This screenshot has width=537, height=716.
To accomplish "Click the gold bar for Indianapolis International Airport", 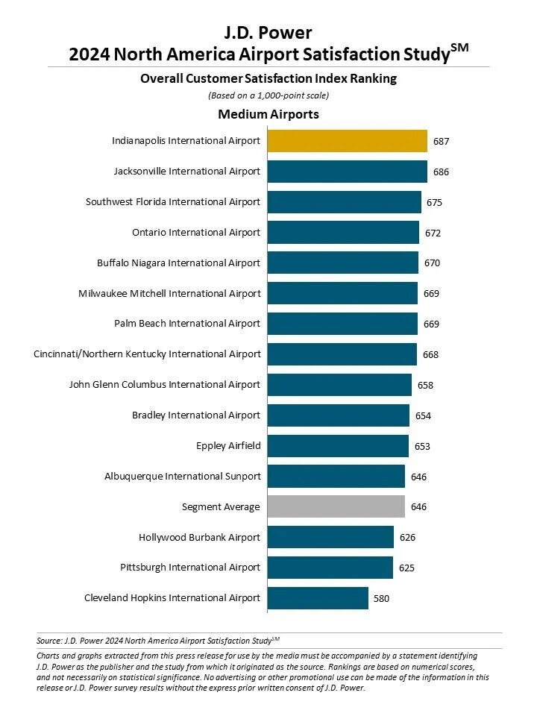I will point(347,140).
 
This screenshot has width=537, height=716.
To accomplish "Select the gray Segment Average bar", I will point(336,506).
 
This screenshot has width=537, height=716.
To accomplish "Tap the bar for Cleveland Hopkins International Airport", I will point(318,597).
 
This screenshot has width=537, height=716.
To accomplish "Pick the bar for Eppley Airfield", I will point(338,446).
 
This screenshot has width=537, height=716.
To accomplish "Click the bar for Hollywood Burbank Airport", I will point(330,537).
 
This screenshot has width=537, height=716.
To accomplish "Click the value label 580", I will point(380,598).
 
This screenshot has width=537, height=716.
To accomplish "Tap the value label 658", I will point(424,385).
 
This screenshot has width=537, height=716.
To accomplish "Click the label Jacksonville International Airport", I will point(187,171).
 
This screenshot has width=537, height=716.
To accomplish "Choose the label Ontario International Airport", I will point(196,232).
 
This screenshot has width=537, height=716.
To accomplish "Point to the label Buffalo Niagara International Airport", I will point(179,263).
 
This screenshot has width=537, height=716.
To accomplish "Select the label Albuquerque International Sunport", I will point(183,476).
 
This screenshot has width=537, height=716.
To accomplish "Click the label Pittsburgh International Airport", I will point(190,568).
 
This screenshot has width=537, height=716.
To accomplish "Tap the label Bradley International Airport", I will point(196,415).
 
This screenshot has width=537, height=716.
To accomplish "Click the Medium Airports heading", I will point(268,114).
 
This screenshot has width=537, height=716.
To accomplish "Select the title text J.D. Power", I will point(268,32).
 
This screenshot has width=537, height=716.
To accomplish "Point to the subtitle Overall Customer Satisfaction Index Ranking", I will point(268,78).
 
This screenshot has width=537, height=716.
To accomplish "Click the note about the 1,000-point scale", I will point(268,95).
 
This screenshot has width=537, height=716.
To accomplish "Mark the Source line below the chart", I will point(158,640).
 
